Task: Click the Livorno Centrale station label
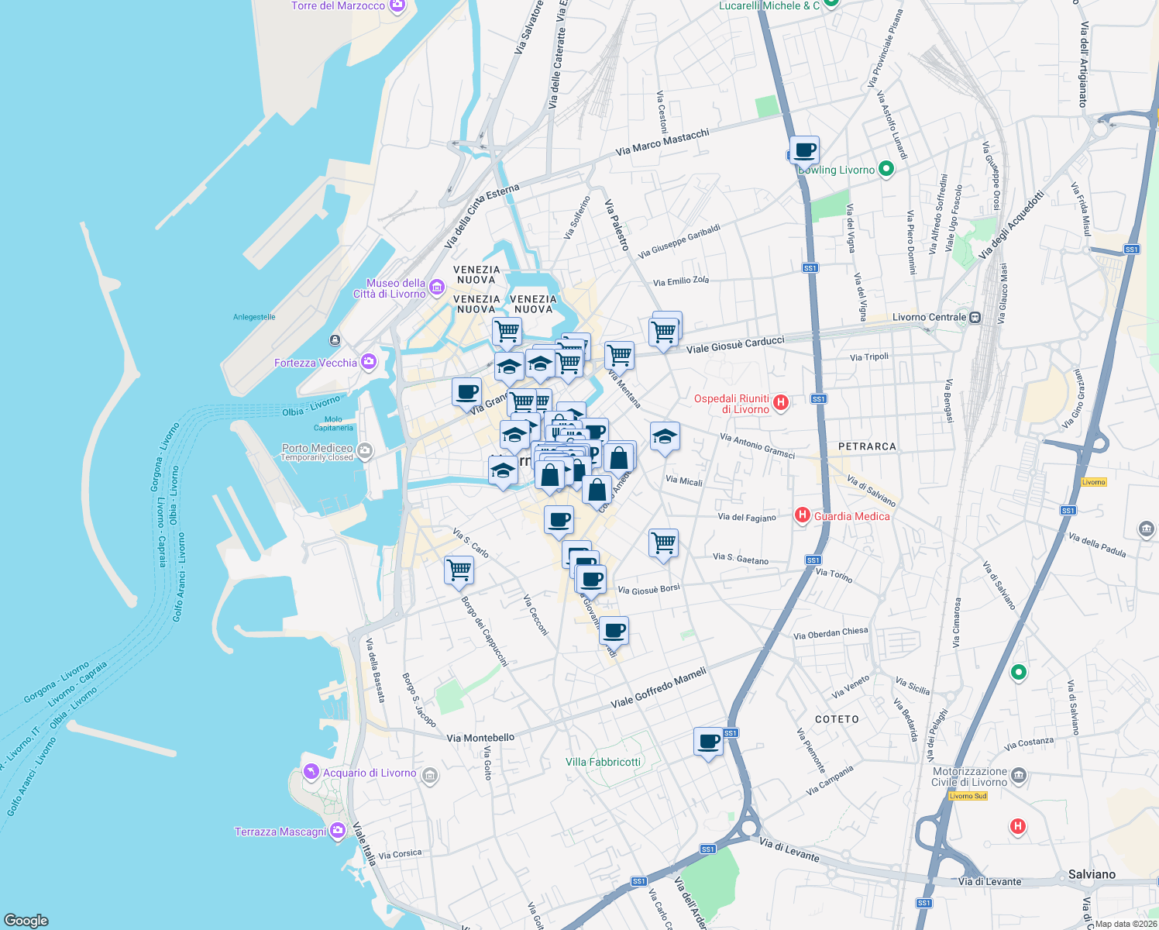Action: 929,317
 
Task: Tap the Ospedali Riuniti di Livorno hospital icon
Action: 781,402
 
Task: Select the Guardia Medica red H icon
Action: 803,515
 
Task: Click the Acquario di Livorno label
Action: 370,773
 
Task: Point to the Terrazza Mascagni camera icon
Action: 337,832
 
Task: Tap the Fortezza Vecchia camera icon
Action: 369,362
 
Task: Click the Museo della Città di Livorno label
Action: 395,288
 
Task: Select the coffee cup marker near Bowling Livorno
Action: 805,150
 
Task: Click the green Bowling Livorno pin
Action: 887,169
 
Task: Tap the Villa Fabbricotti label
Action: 603,762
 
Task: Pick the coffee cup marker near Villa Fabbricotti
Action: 708,742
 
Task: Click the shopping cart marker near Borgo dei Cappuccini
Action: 459,570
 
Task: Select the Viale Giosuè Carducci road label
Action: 735,344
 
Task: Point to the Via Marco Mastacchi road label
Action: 662,142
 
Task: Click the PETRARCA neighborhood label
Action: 867,446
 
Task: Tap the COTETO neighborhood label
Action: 837,719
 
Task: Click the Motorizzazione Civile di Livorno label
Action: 969,777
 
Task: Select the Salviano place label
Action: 1092,874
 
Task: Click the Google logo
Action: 26,920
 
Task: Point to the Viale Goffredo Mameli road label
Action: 659,687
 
